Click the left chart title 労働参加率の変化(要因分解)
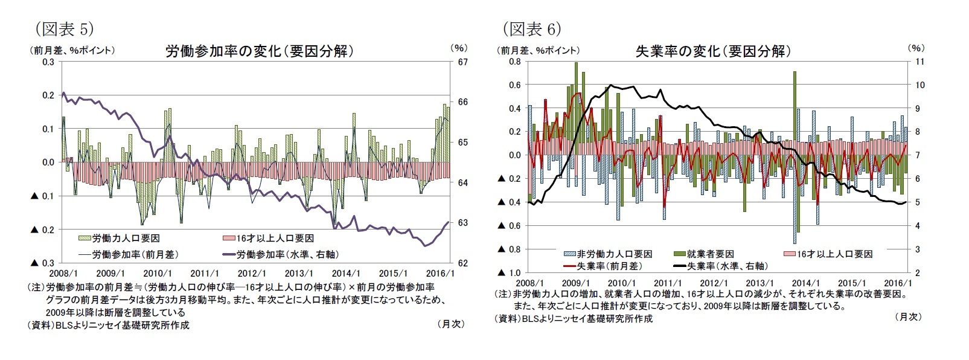pyautogui.click(x=260, y=51)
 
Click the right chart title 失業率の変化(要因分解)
pyautogui.click(x=713, y=51)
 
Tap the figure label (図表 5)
pyautogui.click(x=64, y=28)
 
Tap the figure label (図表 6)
pyautogui.click(x=531, y=28)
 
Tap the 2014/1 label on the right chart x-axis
pyautogui.click(x=805, y=283)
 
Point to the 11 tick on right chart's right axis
pyautogui.click(x=920, y=62)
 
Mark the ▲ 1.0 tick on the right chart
pyautogui.click(x=508, y=272)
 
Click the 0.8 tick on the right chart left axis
pyautogui.click(x=514, y=62)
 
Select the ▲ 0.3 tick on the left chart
pyautogui.click(x=43, y=263)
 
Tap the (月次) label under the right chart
pyautogui.click(x=908, y=317)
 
